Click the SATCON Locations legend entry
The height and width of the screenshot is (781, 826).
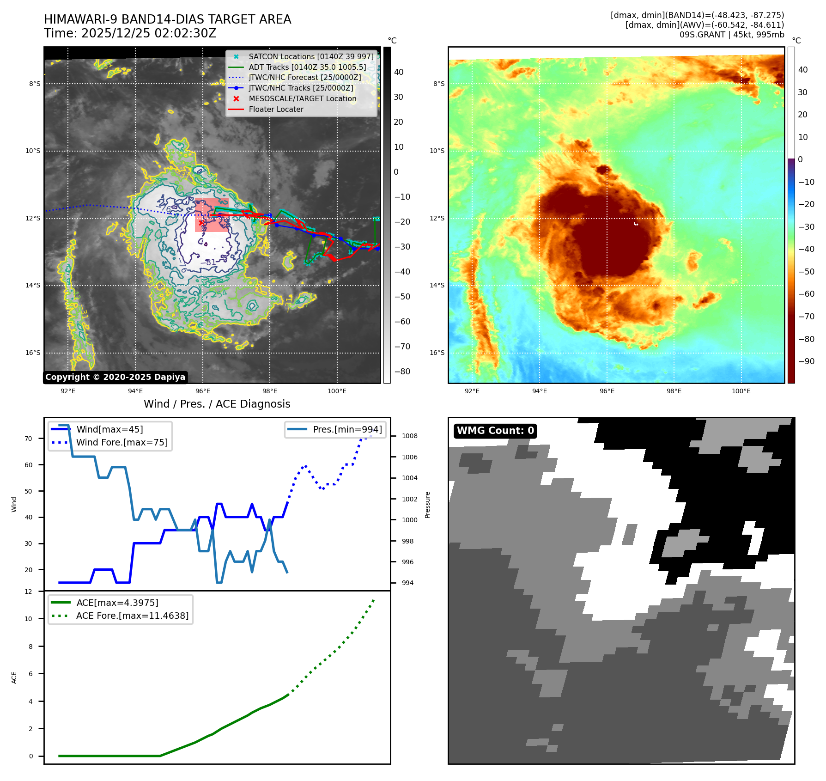pyautogui.click(x=311, y=56)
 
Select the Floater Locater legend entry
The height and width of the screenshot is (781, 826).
pyautogui.click(x=276, y=109)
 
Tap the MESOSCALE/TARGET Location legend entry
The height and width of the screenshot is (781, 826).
pyautogui.click(x=302, y=98)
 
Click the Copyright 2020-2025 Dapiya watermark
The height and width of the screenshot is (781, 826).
pyautogui.click(x=115, y=377)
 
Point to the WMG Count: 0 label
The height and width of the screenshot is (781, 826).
pyautogui.click(x=495, y=431)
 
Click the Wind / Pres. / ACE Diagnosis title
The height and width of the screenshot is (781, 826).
pyautogui.click(x=217, y=404)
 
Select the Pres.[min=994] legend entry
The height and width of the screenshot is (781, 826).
pyautogui.click(x=347, y=429)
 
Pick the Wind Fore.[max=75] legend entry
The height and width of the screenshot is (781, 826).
pyautogui.click(x=122, y=442)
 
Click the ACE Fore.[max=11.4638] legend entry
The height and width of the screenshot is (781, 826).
pyautogui.click(x=132, y=616)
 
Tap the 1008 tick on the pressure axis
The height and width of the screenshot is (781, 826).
pyautogui.click(x=409, y=436)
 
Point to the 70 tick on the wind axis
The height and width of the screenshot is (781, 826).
pyautogui.click(x=29, y=439)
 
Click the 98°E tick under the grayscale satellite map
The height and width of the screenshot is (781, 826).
pyautogui.click(x=270, y=391)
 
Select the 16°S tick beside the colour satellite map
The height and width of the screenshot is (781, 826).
pyautogui.click(x=437, y=353)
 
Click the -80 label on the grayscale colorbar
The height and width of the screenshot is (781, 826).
pyautogui.click(x=402, y=372)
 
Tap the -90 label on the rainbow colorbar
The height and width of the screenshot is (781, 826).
pyautogui.click(x=806, y=361)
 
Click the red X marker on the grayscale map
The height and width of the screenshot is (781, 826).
pyautogui.click(x=201, y=222)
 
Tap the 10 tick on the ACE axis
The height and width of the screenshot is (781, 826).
pyautogui.click(x=29, y=619)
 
